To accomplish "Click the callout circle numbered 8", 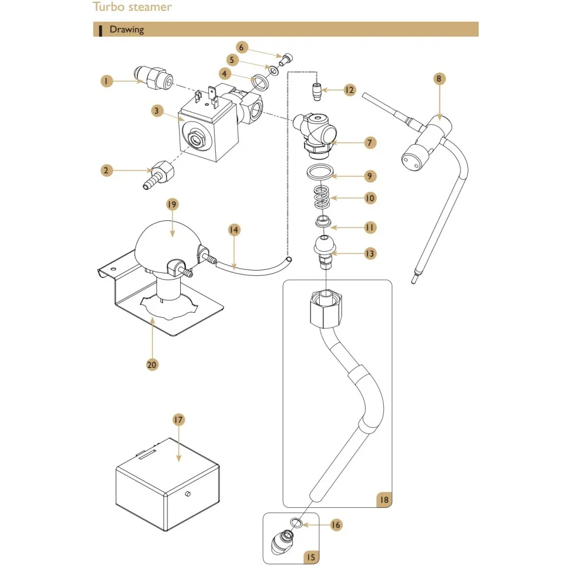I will [439, 79].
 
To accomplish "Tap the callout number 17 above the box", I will [179, 420].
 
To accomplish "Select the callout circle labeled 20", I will [152, 364].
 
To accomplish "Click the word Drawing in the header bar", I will [126, 29].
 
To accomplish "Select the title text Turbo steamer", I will [132, 7].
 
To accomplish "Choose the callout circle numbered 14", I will [234, 230].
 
